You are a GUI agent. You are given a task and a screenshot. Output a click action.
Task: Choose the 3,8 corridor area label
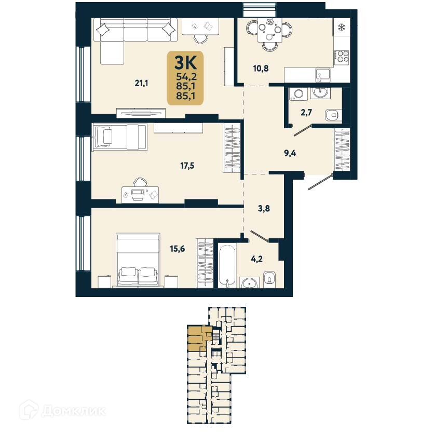click(264, 210)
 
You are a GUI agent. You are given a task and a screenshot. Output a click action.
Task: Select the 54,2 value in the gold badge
click(186, 77)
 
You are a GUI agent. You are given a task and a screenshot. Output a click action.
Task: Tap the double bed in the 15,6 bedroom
click(138, 260)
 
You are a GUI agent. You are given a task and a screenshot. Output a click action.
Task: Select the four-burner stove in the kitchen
click(342, 56)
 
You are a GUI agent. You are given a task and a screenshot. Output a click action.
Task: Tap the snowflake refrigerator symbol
click(342, 28)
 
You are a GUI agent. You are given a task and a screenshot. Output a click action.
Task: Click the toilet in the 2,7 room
click(331, 114)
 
